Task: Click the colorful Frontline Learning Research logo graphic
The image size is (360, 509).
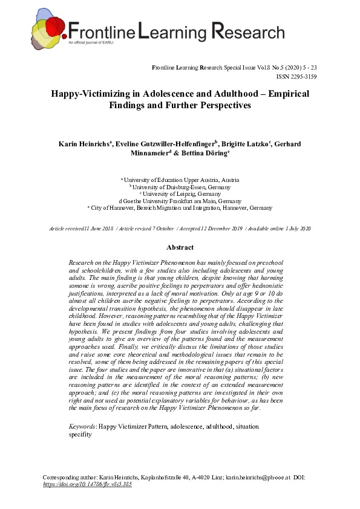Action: click(x=48, y=30)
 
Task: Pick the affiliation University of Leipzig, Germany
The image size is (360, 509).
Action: click(x=181, y=193)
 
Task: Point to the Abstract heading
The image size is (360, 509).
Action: click(x=180, y=247)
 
